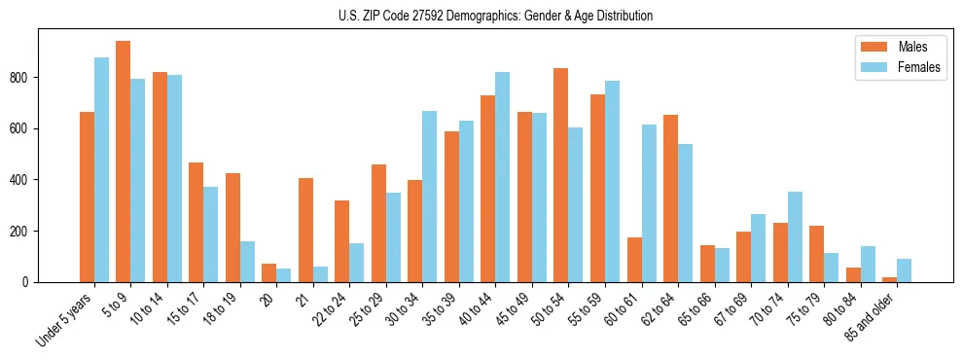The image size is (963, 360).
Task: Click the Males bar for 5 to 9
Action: click(124, 162)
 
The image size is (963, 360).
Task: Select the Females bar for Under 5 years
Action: click(101, 170)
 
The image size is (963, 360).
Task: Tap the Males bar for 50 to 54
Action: click(561, 175)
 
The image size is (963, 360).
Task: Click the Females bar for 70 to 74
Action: click(795, 237)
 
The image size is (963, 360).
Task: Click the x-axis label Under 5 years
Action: click(65, 317)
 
